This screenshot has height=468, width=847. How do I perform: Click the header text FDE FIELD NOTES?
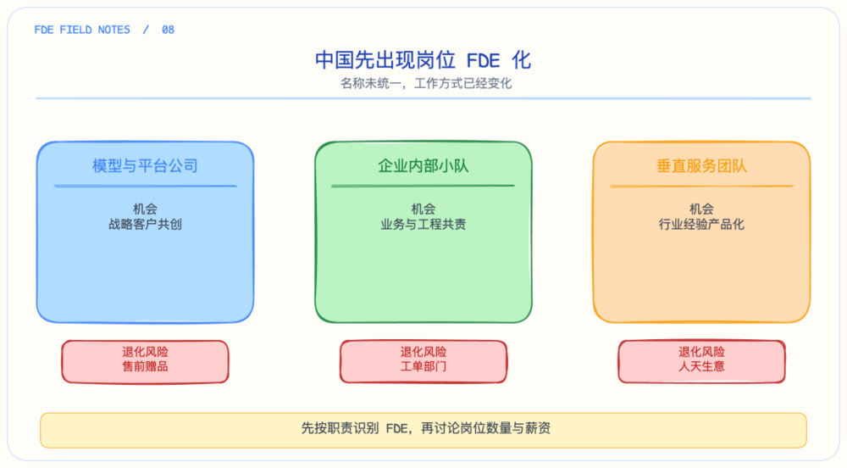click(82, 30)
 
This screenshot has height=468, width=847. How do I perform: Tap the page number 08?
click(168, 30)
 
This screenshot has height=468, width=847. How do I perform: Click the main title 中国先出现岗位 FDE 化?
click(423, 60)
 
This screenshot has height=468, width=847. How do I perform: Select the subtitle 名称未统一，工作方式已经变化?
click(426, 83)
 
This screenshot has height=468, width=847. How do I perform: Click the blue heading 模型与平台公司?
click(145, 165)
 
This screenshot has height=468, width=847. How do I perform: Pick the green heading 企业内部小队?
click(423, 165)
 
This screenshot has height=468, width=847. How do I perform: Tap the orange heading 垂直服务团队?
click(701, 165)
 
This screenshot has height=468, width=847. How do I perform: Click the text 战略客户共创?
click(145, 225)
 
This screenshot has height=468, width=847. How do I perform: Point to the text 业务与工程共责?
click(423, 225)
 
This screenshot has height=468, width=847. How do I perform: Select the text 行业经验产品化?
click(701, 225)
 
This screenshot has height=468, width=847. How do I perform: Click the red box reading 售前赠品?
click(145, 361)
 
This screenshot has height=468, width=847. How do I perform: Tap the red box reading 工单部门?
click(423, 361)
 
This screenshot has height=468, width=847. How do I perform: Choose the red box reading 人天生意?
click(701, 361)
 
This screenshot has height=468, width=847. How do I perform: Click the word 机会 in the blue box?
click(145, 209)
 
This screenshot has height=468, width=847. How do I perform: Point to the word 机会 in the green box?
click(423, 209)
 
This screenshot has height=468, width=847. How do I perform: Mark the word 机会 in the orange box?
click(701, 209)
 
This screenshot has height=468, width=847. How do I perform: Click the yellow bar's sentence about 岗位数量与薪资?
click(426, 428)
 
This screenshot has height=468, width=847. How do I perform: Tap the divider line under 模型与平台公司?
click(146, 186)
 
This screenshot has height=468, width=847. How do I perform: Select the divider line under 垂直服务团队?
click(701, 186)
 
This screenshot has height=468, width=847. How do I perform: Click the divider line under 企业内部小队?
click(423, 186)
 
